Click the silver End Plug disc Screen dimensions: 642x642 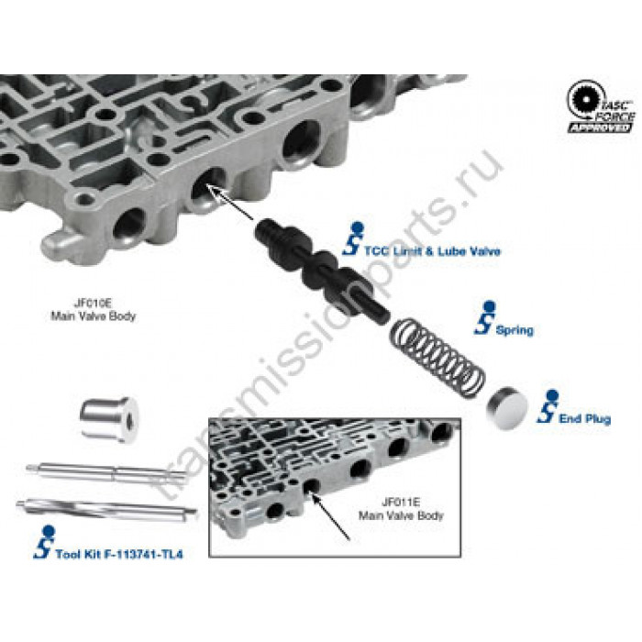(x=507, y=408)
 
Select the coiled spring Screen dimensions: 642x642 (x=437, y=359)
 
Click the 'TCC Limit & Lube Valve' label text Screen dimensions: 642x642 (x=432, y=251)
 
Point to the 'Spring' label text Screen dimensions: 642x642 (x=515, y=330)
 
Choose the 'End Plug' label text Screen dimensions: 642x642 (x=585, y=419)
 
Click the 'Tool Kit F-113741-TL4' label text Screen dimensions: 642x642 (x=119, y=554)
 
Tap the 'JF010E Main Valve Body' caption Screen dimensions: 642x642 (x=93, y=310)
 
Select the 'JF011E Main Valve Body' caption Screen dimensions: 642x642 (x=401, y=509)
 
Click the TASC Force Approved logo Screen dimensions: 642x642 (x=601, y=107)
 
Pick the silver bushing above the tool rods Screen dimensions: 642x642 (x=109, y=419)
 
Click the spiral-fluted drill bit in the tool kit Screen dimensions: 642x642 (x=106, y=509)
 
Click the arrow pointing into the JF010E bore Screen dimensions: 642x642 (x=229, y=202)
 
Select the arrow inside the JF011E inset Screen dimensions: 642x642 (x=329, y=516)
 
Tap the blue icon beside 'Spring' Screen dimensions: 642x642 (x=485, y=318)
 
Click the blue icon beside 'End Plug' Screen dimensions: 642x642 (x=548, y=406)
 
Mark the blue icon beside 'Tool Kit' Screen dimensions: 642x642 (x=45, y=542)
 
